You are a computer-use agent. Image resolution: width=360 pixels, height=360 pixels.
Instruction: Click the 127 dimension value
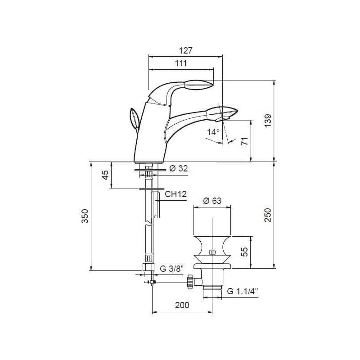click(x=185, y=50)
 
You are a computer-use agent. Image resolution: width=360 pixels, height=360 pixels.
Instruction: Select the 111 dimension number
click(x=181, y=63)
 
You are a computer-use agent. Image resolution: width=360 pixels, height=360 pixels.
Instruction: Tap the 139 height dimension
click(x=268, y=120)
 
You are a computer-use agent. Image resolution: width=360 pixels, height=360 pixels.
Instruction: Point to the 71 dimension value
click(x=245, y=141)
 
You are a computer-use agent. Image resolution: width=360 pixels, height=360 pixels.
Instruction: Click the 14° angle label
click(x=213, y=132)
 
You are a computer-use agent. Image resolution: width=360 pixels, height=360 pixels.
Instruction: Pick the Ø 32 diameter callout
click(x=179, y=168)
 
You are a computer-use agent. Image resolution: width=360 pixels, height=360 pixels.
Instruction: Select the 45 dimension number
click(x=105, y=175)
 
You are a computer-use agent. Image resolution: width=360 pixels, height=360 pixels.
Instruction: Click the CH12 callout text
click(x=175, y=194)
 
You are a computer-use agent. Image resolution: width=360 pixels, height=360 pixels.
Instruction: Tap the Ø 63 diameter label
click(x=212, y=201)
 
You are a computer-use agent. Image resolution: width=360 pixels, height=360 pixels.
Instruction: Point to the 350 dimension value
click(x=85, y=216)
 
